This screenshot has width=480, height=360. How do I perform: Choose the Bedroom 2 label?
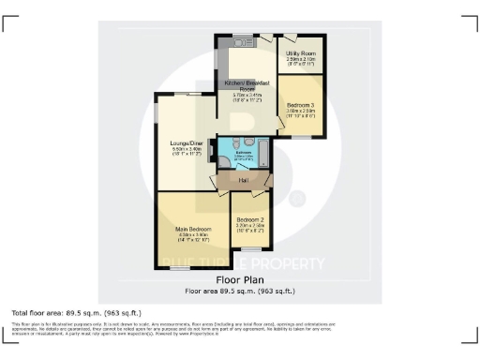click(251, 220)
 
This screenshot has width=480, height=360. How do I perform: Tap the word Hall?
click(243, 180)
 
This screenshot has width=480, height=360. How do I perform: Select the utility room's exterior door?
click(288, 38)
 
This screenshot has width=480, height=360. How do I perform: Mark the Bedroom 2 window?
click(250, 248)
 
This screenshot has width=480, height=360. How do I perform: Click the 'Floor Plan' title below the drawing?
click(240, 279)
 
